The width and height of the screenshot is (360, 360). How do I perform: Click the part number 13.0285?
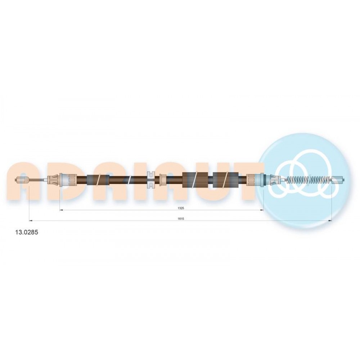[27, 232]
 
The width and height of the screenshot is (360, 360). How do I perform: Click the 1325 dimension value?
[181, 208]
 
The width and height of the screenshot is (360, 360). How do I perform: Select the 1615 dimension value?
[181, 219]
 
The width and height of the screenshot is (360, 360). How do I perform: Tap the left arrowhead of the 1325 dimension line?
[61, 210]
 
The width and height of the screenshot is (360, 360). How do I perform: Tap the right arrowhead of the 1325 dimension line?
[262, 210]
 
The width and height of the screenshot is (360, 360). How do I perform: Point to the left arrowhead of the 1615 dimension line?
[31, 221]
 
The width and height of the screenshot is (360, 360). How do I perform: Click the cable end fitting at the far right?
[338, 180]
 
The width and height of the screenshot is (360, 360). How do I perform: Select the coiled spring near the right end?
[309, 180]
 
